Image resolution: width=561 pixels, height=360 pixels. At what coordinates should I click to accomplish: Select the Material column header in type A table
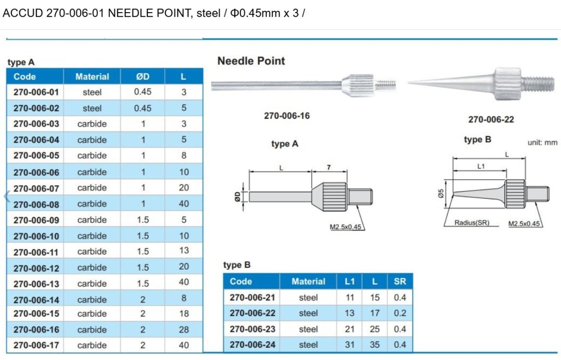[92, 77]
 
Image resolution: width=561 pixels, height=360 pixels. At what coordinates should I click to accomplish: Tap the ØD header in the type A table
[143, 77]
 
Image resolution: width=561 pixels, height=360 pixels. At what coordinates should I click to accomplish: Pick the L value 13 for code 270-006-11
[184, 251]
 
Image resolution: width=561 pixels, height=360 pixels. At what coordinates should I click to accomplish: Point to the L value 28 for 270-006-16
[184, 330]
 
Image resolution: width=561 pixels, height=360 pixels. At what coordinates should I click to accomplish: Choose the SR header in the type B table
[400, 281]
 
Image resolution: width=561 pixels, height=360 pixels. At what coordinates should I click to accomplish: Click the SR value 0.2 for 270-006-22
[400, 313]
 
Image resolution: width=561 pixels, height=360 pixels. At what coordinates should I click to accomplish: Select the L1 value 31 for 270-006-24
[350, 345]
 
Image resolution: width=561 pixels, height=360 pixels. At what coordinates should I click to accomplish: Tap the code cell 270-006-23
[252, 329]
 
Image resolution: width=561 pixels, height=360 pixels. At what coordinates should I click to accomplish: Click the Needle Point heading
[251, 61]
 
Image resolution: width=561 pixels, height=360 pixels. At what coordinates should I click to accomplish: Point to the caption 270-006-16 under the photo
[287, 116]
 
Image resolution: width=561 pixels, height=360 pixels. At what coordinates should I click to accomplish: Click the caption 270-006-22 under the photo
[491, 120]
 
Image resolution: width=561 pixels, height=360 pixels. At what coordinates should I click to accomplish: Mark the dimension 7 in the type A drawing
[329, 167]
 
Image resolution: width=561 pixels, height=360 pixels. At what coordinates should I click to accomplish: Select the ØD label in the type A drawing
[237, 196]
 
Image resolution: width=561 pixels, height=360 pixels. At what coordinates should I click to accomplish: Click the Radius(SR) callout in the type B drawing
[472, 223]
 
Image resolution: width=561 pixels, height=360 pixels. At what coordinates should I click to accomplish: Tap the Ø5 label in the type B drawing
[440, 194]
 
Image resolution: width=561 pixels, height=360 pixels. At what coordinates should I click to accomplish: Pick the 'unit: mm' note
[542, 143]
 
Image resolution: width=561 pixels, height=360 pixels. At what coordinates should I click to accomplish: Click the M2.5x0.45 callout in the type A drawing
[345, 227]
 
